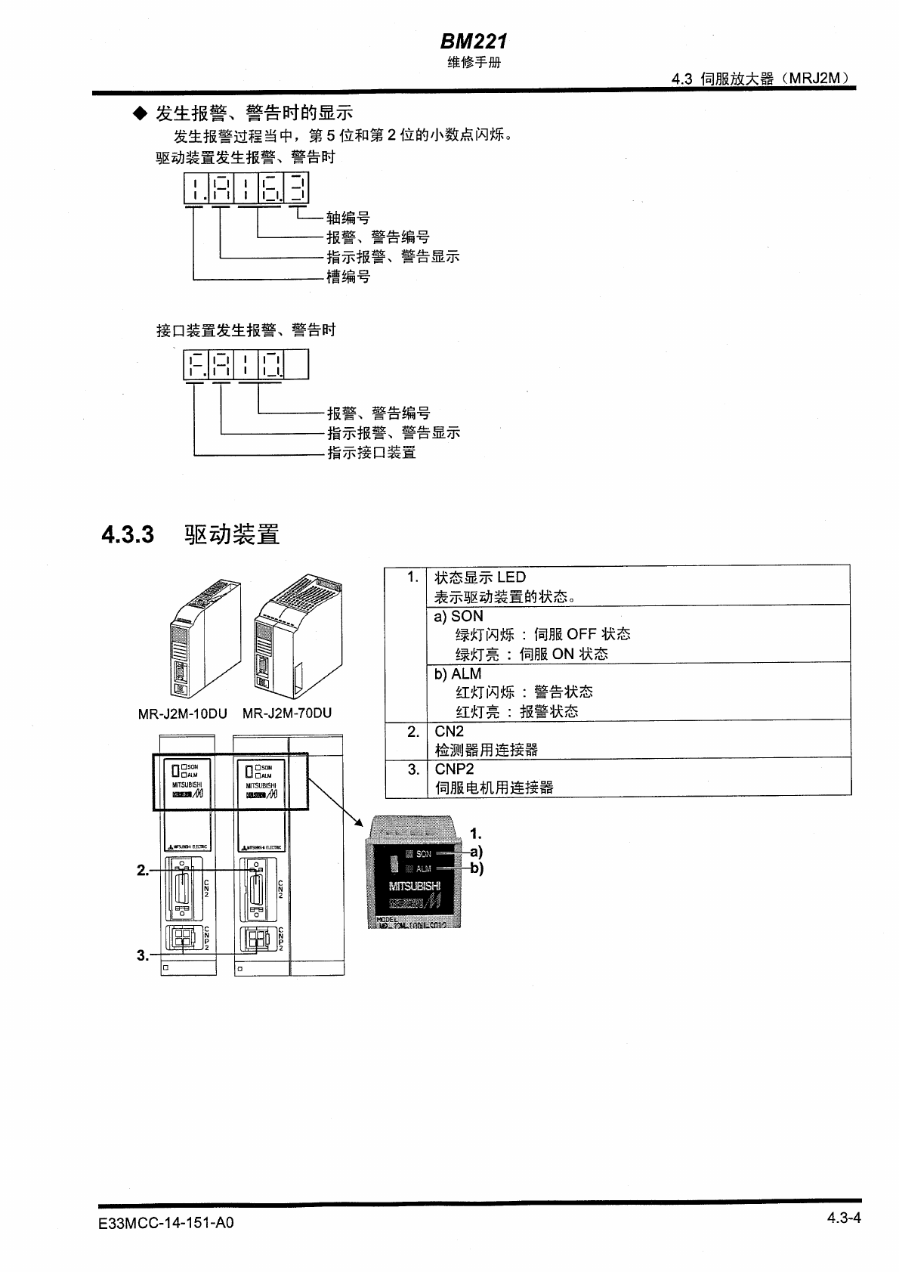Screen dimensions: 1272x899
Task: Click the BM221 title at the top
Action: tap(474, 42)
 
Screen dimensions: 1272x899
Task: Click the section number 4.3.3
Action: tap(128, 535)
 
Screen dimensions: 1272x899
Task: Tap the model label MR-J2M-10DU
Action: tap(182, 713)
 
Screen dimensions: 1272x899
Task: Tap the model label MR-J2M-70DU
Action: tap(287, 713)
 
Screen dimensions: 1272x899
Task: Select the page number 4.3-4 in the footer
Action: tap(843, 1218)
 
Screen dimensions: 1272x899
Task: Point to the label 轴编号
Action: tap(348, 218)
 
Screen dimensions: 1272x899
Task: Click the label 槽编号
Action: tap(348, 277)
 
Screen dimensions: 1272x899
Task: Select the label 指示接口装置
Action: tap(371, 453)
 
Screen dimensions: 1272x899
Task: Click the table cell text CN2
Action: tap(449, 731)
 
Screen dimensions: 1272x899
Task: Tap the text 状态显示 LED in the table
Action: tap(480, 577)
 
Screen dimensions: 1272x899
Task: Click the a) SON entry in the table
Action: tap(459, 616)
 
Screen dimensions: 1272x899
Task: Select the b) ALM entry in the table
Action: tap(458, 673)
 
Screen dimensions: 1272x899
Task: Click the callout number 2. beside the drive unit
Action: tap(143, 871)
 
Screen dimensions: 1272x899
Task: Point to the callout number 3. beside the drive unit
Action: tap(143, 955)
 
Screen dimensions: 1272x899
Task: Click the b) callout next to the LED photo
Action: tap(477, 868)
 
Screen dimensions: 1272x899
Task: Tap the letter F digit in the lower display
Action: tap(195, 366)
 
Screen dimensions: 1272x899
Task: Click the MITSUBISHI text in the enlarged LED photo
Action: tap(414, 886)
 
